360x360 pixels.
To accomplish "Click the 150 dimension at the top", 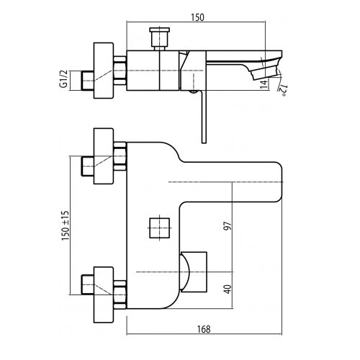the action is point(197,17).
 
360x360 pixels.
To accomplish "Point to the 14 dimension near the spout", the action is point(264,84).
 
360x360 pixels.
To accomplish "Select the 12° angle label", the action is point(282,90).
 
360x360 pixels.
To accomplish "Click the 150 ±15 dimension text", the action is point(65,225).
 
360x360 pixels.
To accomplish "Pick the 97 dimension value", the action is point(228,226).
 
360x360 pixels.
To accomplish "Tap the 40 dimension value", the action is point(228,289).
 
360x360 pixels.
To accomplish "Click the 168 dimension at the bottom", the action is point(204,329).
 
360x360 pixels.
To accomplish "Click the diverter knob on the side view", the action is point(159,39).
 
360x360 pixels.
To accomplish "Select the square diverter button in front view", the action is point(160,228).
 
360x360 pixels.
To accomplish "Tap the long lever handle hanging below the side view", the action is point(204,117).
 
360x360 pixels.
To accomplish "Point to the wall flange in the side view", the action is point(103,71).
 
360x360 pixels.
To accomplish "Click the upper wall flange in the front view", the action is point(103,156).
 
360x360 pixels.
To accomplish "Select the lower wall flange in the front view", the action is point(103,294).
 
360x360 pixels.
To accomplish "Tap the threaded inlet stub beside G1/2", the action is point(88,81).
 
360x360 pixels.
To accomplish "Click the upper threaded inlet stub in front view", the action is point(88,166).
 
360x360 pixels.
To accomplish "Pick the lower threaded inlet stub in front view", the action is point(88,284).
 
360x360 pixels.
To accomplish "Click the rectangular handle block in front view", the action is point(194,272).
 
